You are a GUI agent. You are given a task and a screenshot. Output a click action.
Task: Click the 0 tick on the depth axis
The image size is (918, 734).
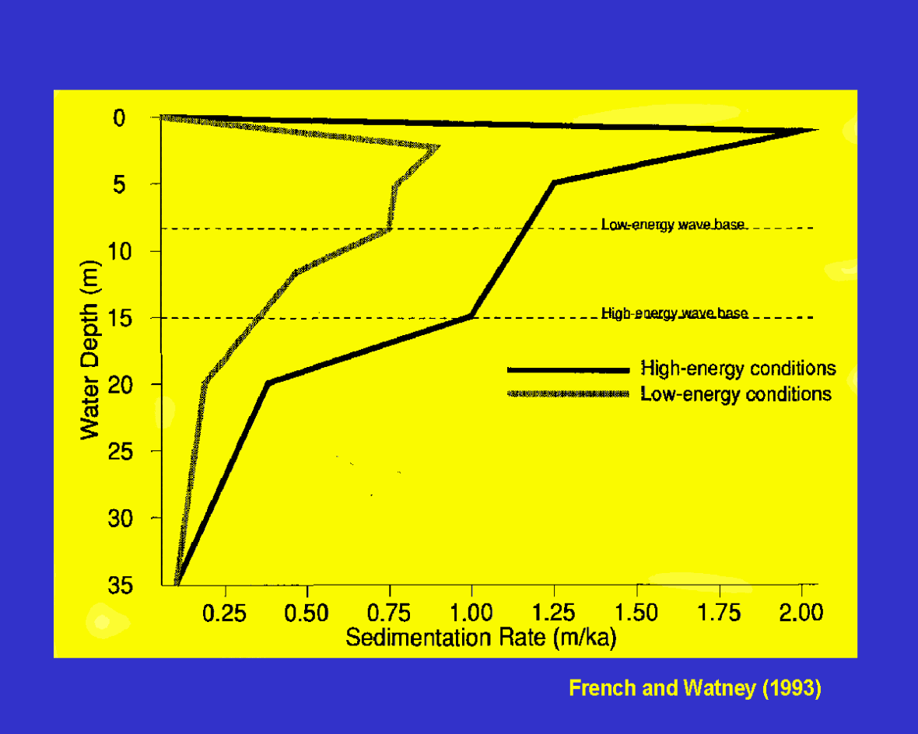(x=119, y=117)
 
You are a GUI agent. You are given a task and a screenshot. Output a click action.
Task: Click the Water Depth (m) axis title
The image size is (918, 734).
(x=90, y=350)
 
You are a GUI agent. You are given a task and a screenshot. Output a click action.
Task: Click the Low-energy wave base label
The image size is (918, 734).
(x=674, y=225)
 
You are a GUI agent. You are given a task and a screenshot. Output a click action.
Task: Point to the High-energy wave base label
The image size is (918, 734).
(x=674, y=313)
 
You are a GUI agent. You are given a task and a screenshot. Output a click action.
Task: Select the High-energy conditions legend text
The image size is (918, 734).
(x=738, y=368)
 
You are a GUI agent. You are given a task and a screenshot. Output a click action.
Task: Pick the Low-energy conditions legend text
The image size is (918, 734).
(x=736, y=394)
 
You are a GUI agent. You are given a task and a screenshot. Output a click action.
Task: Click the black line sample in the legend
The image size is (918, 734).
(x=567, y=369)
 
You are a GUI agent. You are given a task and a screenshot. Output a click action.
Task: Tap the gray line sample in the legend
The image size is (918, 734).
(x=567, y=395)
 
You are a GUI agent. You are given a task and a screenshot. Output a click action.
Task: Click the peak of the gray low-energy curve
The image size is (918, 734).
(x=438, y=147)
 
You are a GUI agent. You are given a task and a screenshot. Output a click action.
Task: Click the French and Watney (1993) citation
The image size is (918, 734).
(x=695, y=688)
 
